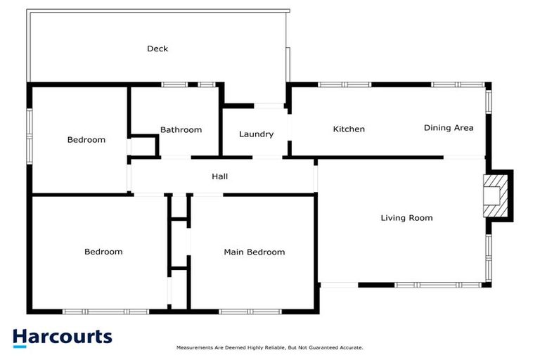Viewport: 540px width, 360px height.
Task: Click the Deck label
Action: [157, 49]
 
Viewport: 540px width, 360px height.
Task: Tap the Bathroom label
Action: [181, 130]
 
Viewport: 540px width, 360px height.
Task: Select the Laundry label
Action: [256, 134]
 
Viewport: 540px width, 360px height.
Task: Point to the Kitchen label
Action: [349, 129]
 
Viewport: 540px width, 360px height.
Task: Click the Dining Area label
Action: [449, 128]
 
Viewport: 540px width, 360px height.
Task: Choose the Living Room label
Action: [406, 218]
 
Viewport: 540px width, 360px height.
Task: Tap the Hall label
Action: [220, 176]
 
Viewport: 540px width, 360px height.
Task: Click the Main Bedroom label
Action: [255, 252]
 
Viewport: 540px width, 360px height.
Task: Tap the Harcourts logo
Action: [63, 337]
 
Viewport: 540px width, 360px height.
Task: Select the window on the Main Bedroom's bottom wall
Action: [250, 311]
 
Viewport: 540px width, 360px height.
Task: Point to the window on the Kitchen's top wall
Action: [345, 85]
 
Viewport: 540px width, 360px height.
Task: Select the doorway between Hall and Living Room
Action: [316, 175]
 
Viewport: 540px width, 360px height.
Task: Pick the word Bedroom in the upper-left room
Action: [86, 140]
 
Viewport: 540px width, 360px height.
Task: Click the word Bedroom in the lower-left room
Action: [103, 252]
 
